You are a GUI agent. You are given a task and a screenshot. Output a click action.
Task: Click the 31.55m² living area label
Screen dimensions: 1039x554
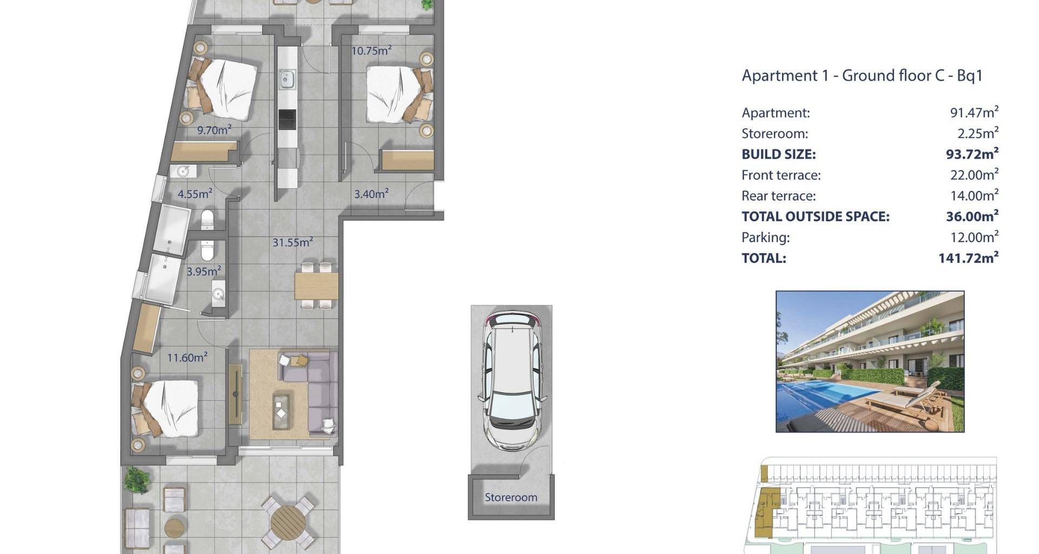pyautogui.click(x=293, y=242)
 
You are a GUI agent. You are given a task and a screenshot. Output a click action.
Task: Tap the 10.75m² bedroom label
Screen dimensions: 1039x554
pyautogui.click(x=371, y=51)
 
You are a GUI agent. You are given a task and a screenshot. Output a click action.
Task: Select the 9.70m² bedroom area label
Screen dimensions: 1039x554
pyautogui.click(x=214, y=130)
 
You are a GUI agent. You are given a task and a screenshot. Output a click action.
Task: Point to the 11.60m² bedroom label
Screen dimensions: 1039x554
pyautogui.click(x=187, y=357)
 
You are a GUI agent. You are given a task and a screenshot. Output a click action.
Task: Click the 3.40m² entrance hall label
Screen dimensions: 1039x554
pyautogui.click(x=371, y=194)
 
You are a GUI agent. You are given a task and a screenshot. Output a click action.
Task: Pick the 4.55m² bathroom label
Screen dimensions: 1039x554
pyautogui.click(x=195, y=194)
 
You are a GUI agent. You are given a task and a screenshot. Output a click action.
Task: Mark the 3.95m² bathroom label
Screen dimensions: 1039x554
pyautogui.click(x=203, y=271)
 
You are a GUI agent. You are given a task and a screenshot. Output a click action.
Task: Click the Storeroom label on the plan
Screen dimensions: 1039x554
pyautogui.click(x=511, y=497)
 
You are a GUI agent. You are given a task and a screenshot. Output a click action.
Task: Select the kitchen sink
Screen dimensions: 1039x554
pyautogui.click(x=287, y=80)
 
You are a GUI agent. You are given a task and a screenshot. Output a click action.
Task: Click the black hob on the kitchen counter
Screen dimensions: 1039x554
pyautogui.click(x=287, y=120)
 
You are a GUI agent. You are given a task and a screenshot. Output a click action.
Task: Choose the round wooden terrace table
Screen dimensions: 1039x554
pyautogui.click(x=288, y=522)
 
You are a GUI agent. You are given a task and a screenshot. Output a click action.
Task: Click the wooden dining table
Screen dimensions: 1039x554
pyautogui.click(x=316, y=286)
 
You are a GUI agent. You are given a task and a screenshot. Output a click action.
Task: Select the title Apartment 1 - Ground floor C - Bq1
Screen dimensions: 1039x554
pyautogui.click(x=862, y=75)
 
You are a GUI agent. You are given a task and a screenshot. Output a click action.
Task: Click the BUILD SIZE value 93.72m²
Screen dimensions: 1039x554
pyautogui.click(x=972, y=154)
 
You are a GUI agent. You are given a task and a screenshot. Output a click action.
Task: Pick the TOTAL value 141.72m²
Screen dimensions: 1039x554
pyautogui.click(x=969, y=258)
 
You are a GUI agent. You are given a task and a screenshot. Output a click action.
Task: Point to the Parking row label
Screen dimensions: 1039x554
pyautogui.click(x=765, y=238)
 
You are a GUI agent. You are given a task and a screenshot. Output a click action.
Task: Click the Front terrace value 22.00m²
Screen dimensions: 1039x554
pyautogui.click(x=974, y=175)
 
